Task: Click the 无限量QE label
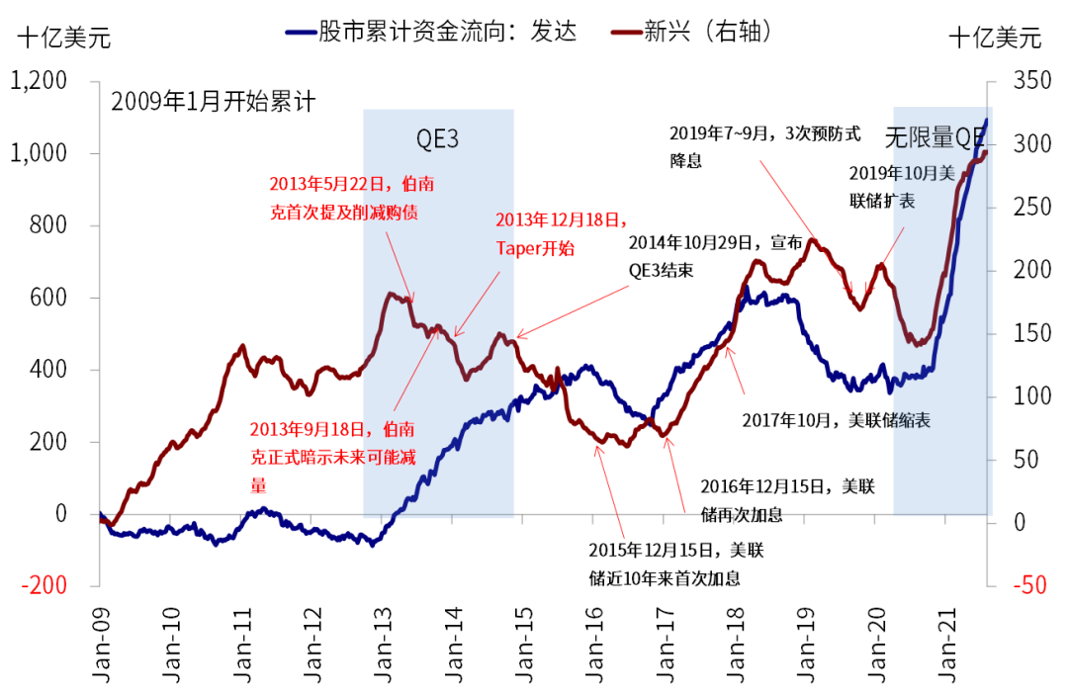(x=935, y=135)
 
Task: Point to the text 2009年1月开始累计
(x=212, y=101)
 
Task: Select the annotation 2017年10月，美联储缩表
(x=836, y=419)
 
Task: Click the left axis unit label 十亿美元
(x=63, y=39)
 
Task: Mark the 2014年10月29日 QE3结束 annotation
(x=707, y=254)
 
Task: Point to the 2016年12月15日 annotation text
(x=786, y=499)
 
